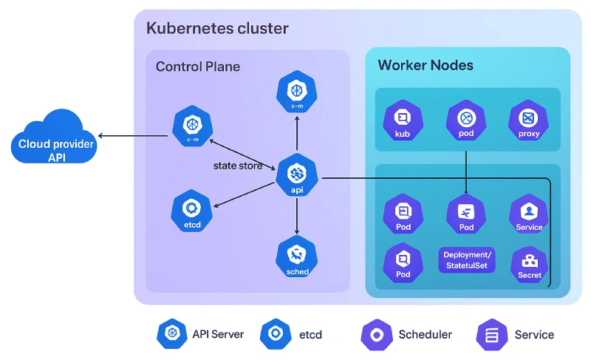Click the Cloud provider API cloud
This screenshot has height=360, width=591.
pos(54,137)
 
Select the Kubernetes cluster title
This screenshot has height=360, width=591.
pos(217,29)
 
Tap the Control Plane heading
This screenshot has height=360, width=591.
pos(197,67)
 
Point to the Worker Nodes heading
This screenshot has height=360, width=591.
pos(426,65)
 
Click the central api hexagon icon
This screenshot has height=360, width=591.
pos(297,174)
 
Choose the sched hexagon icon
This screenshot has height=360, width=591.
pos(297,256)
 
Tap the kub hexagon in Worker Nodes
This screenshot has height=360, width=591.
pos(403,120)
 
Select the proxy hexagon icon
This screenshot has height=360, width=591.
pos(529,120)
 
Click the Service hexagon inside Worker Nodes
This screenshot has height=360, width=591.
pos(529,214)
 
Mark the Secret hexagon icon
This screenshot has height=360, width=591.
pos(529,263)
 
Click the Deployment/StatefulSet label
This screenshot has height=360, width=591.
pos(467,260)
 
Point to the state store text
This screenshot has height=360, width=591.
pos(238,166)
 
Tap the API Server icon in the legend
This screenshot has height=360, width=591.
pos(172,334)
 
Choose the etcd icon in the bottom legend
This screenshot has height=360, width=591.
pos(276,334)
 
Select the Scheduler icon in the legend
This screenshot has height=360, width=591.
pos(376,334)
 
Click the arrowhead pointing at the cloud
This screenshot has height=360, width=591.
pos(102,135)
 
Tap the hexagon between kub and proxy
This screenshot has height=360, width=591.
pos(466,120)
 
